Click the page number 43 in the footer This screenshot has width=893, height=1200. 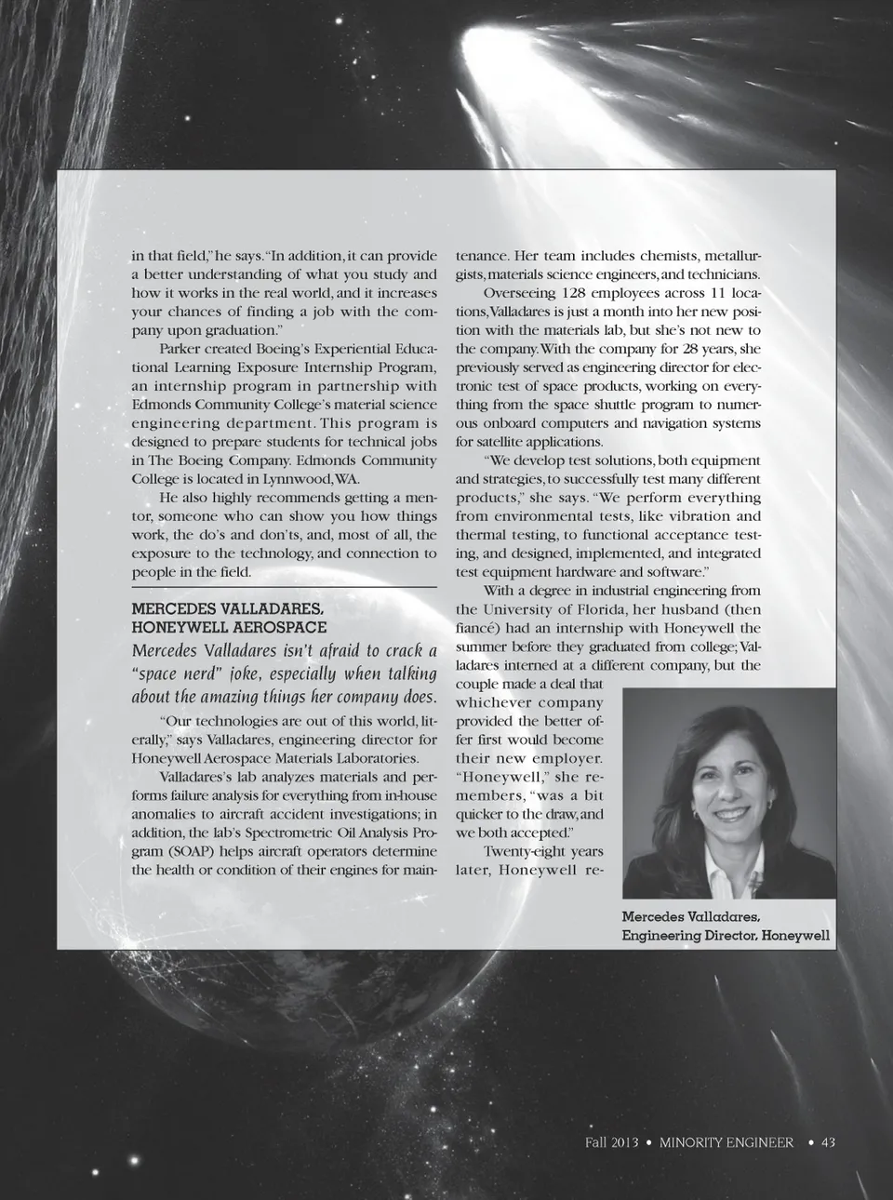point(828,1142)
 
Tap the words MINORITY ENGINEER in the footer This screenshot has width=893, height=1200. point(726,1142)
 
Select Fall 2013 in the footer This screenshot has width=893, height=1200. point(611,1142)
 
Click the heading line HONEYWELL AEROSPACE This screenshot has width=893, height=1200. point(229,628)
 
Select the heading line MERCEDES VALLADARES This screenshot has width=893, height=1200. point(228,609)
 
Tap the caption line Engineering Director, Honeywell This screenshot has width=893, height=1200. point(726,935)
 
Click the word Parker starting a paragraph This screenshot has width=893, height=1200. point(182,349)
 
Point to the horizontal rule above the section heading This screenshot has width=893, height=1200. point(284,588)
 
